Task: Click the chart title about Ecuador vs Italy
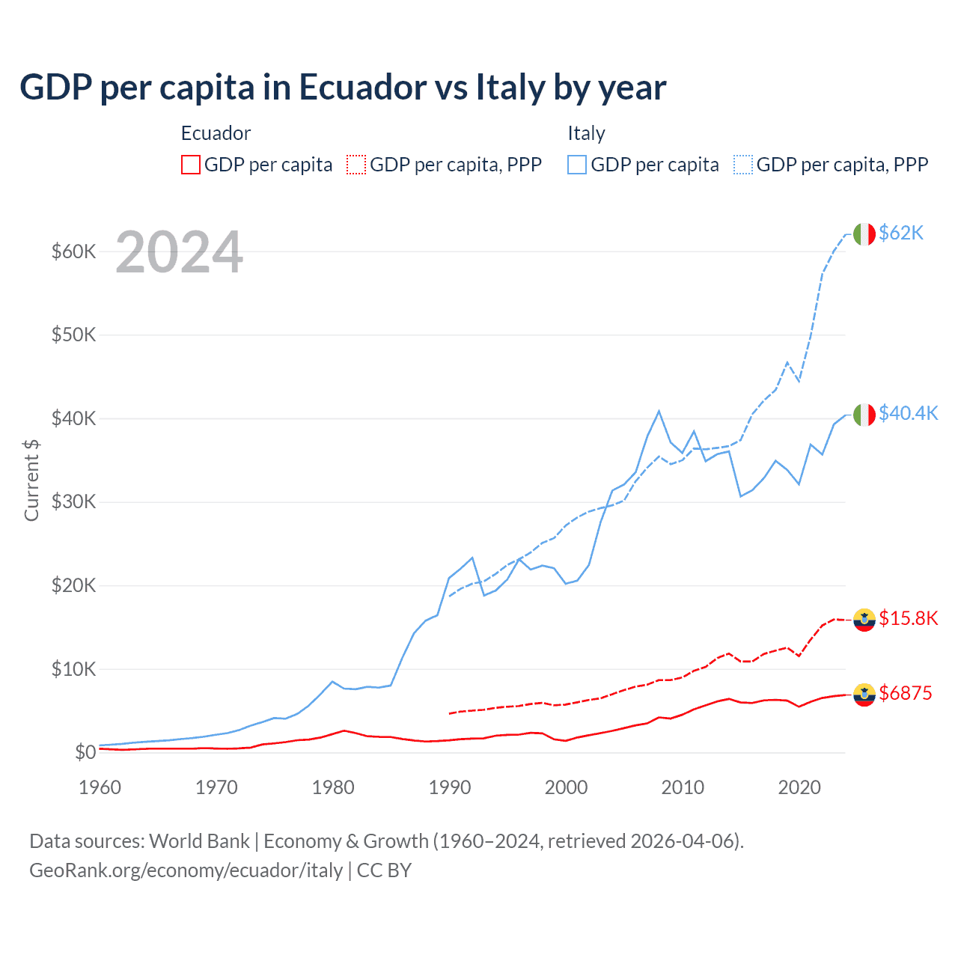[342, 88]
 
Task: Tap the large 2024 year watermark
[179, 253]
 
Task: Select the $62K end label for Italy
[901, 234]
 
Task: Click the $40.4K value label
[908, 414]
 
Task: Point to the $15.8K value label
[908, 618]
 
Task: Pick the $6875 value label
[905, 694]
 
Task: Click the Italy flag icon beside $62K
[864, 234]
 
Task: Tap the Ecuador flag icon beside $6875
[864, 695]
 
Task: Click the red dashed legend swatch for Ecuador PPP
[356, 165]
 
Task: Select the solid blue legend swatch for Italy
[577, 165]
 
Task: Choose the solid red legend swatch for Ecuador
[191, 165]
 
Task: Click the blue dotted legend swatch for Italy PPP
[743, 165]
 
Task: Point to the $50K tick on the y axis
[73, 335]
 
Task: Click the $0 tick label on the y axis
[85, 753]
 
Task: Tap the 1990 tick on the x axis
[450, 787]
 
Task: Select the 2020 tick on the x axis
[799, 787]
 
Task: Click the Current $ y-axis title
[31, 480]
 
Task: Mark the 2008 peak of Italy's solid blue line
[659, 411]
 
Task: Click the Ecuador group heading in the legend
[216, 133]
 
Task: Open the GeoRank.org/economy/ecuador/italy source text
[186, 870]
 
